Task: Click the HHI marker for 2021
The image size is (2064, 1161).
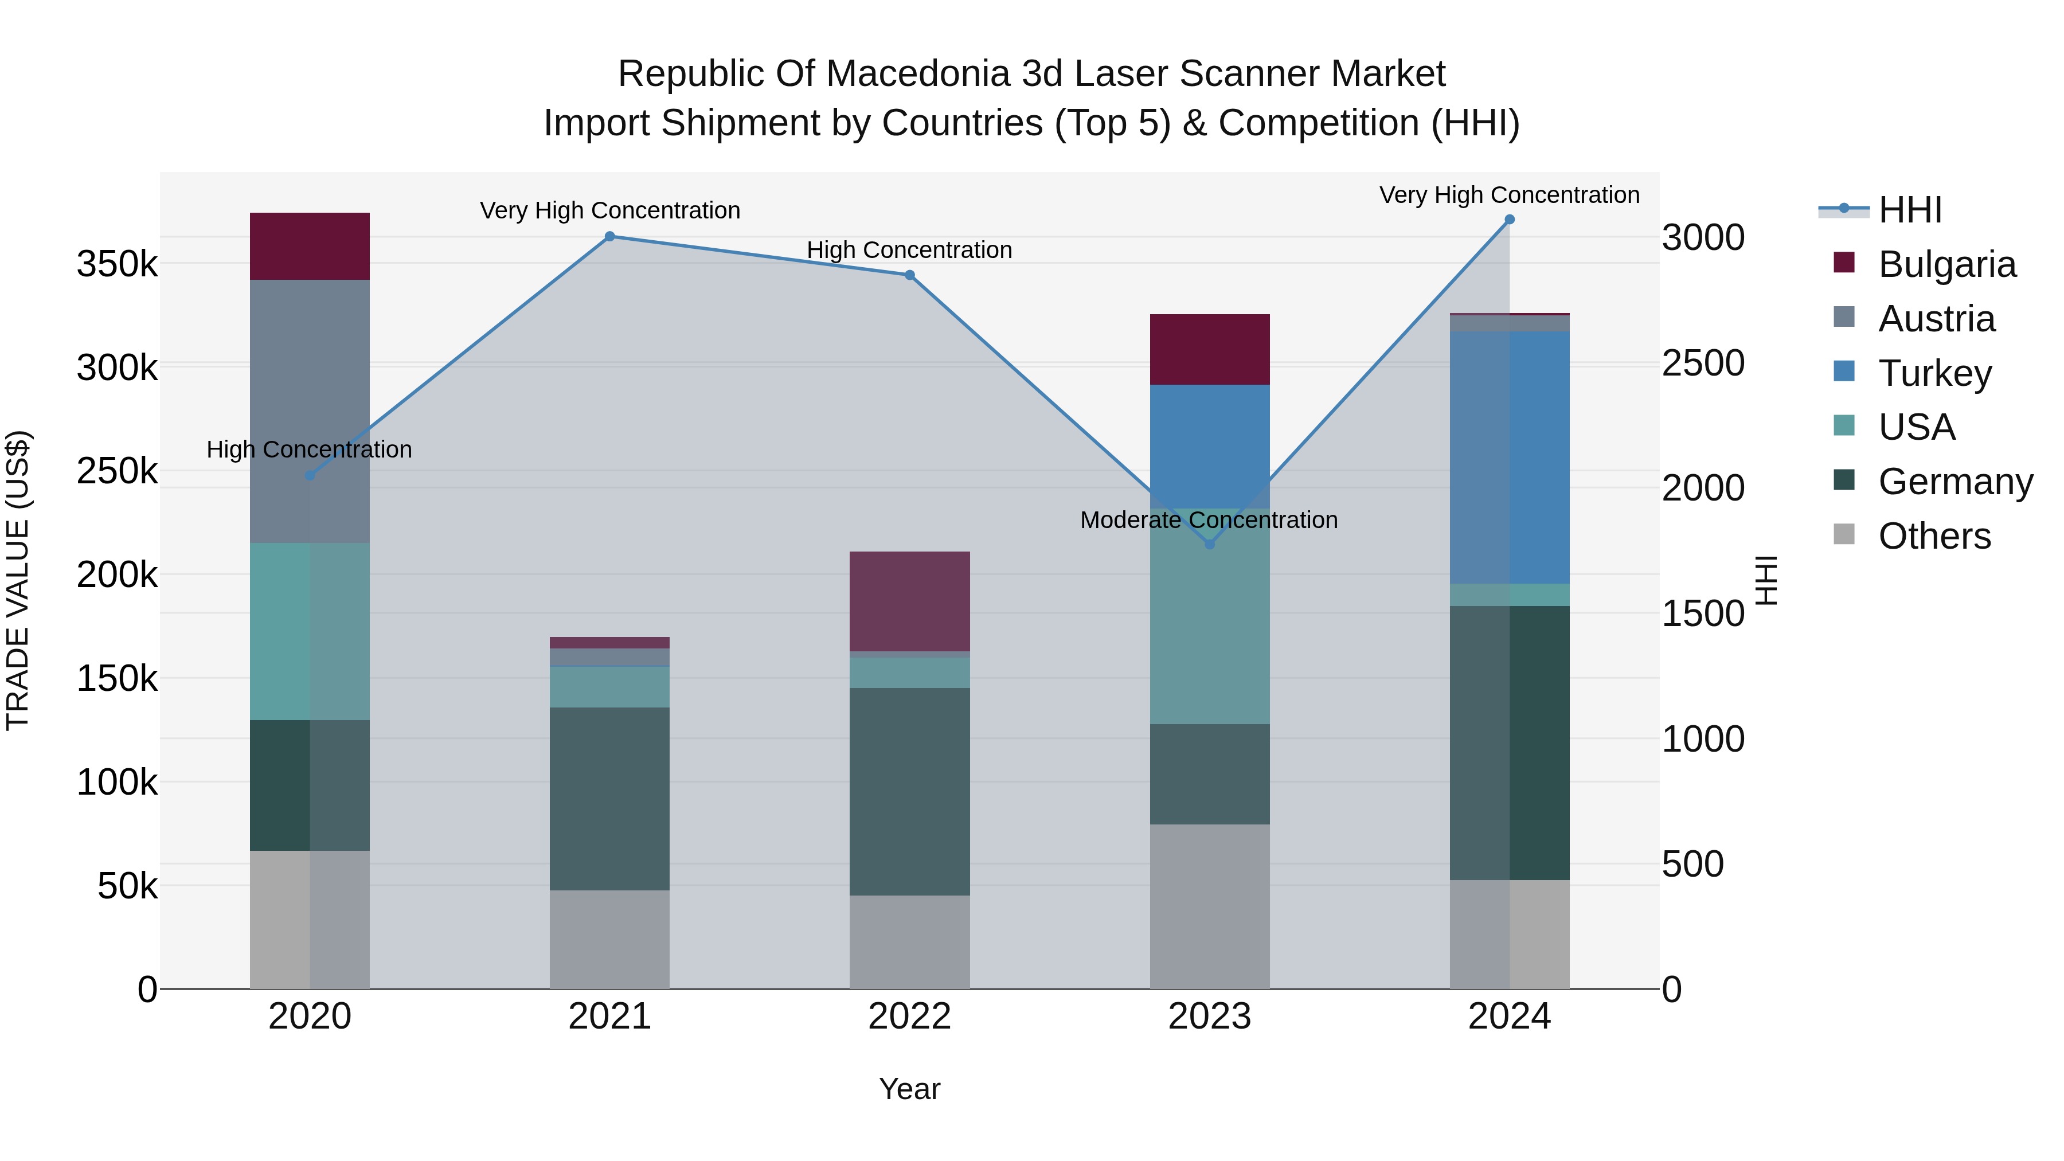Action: pyautogui.click(x=610, y=236)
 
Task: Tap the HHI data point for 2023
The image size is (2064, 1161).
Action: pyautogui.click(x=1210, y=544)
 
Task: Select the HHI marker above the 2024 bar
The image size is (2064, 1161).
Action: pyautogui.click(x=1510, y=220)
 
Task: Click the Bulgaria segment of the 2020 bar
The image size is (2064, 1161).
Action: pyautogui.click(x=310, y=246)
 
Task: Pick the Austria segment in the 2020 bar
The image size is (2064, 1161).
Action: pyautogui.click(x=310, y=411)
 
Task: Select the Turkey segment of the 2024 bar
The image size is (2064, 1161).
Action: pyautogui.click(x=1510, y=457)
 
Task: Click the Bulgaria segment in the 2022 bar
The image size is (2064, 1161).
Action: pyautogui.click(x=909, y=601)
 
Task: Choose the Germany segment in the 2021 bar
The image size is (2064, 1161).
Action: pyautogui.click(x=610, y=798)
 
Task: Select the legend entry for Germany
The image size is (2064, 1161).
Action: pyautogui.click(x=1955, y=482)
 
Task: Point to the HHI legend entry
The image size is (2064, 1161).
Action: pyautogui.click(x=1909, y=210)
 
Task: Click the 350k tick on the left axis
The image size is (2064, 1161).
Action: pyautogui.click(x=117, y=264)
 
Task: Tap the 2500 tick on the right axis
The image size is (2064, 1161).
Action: pyautogui.click(x=1703, y=363)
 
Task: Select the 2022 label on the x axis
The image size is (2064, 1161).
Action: pyautogui.click(x=909, y=1017)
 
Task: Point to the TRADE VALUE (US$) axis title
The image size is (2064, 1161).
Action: pyautogui.click(x=18, y=580)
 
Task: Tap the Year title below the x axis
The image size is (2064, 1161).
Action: pyautogui.click(x=909, y=1089)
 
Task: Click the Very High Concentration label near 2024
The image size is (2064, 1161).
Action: pyautogui.click(x=1509, y=195)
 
